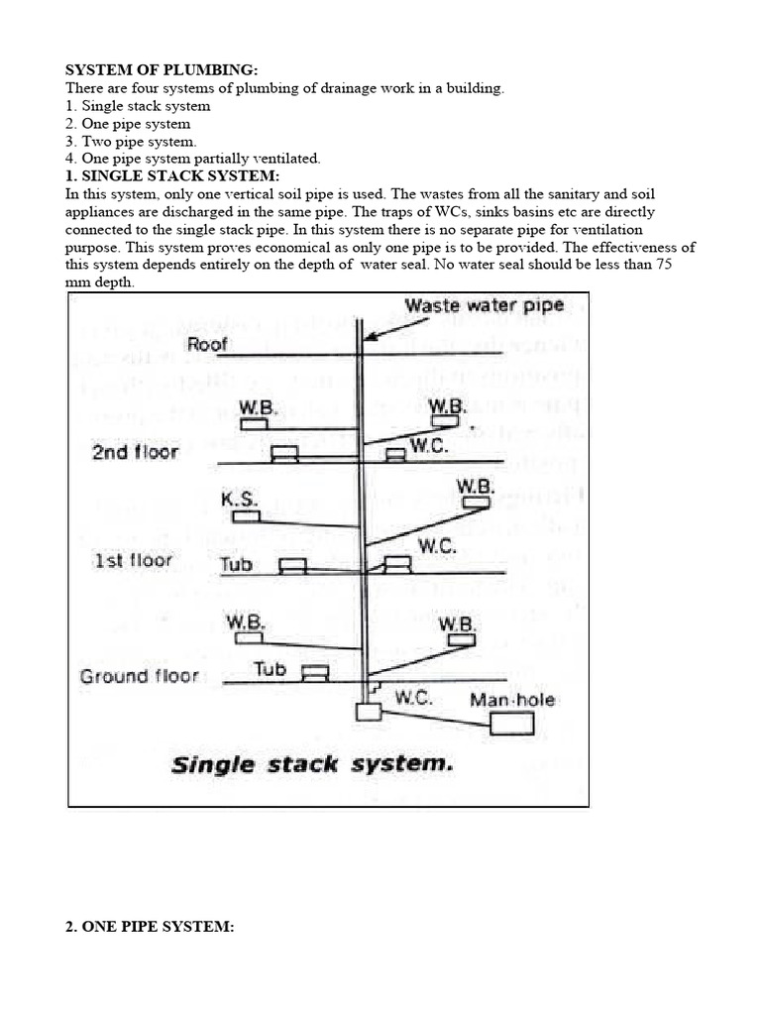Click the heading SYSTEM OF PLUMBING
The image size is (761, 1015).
tap(161, 70)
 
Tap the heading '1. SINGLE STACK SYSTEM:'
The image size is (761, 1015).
tap(165, 175)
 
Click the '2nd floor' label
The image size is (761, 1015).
tap(135, 452)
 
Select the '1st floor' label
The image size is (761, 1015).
tap(132, 560)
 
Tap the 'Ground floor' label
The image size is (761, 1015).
tap(140, 677)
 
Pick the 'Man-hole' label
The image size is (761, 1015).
tap(513, 700)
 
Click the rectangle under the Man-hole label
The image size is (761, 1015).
tap(512, 725)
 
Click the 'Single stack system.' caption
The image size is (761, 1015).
tap(312, 764)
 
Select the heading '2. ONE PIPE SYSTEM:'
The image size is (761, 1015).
tap(149, 927)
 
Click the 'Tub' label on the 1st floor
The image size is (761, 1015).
tap(237, 565)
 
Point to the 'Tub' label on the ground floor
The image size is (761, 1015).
tap(270, 669)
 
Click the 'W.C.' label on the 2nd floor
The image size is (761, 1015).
tap(432, 447)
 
